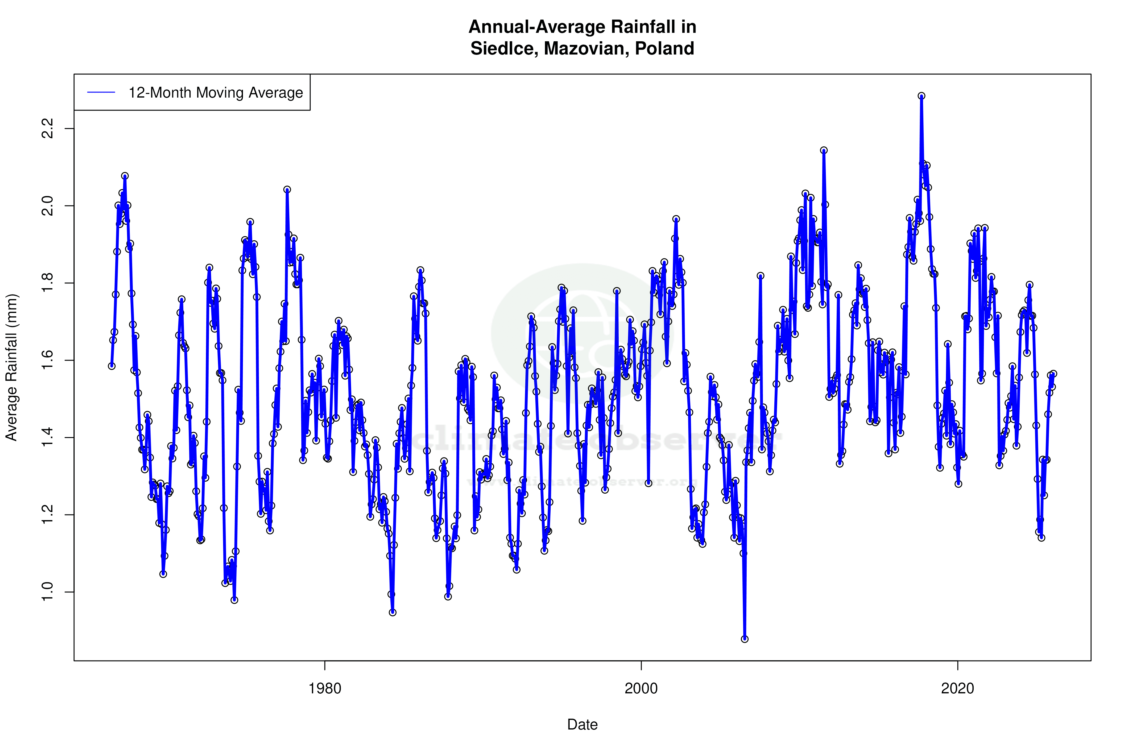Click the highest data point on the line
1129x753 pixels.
921,96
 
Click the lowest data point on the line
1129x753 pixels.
745,639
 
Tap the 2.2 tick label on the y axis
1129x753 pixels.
48,129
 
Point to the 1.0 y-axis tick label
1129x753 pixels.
48,592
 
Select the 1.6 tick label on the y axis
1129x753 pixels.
48,360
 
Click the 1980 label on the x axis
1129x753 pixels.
325,689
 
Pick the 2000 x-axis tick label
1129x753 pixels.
641,689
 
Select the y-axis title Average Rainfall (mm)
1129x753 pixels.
11,367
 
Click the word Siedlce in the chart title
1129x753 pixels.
504,48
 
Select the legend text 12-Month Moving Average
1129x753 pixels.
216,93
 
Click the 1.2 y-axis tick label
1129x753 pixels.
48,515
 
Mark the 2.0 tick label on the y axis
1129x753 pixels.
48,206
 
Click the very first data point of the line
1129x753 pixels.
112,366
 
